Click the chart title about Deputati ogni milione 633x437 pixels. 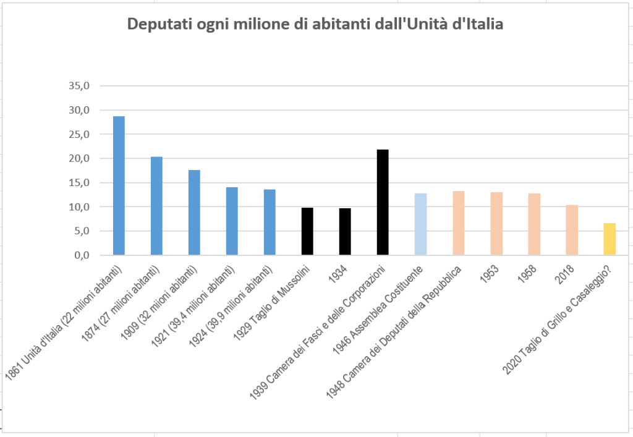tap(315, 25)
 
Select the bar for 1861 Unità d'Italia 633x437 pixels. tap(119, 185)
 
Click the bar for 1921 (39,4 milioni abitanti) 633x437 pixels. tap(232, 221)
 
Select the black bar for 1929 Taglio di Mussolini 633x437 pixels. tap(307, 231)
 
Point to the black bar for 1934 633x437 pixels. tap(345, 231)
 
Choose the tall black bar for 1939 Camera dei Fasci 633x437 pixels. tap(383, 202)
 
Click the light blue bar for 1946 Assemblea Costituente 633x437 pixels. tap(420, 224)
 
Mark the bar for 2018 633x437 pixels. tap(572, 229)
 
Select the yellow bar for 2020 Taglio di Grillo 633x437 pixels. tap(610, 239)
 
